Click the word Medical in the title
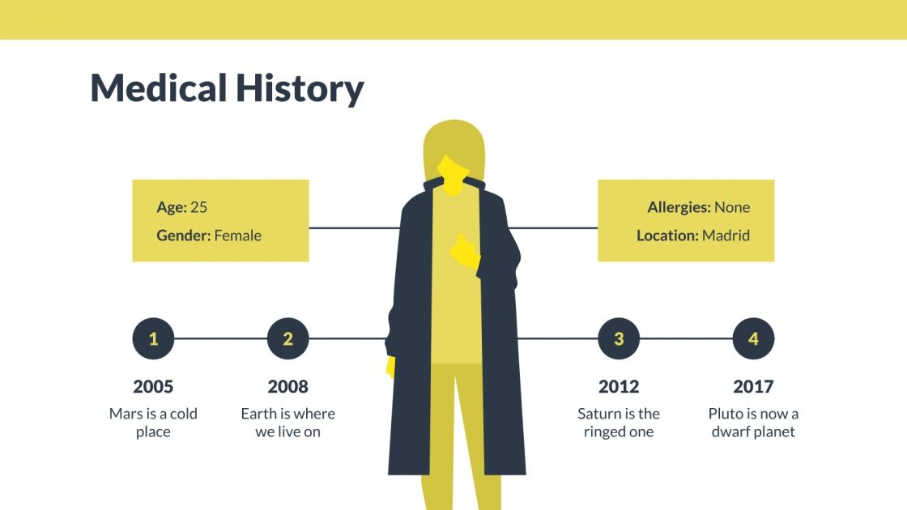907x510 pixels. (158, 87)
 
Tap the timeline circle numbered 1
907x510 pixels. (153, 338)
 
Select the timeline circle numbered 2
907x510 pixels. (287, 338)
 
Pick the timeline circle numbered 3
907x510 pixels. (619, 338)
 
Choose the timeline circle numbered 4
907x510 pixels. (753, 338)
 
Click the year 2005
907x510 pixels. (153, 387)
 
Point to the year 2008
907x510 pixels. (287, 387)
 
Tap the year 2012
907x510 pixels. (619, 387)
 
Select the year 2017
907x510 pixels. (753, 387)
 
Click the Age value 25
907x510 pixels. (198, 207)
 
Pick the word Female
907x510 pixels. (237, 236)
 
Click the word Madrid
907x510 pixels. (726, 236)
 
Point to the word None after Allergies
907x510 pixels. (732, 207)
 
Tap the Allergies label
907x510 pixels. (679, 207)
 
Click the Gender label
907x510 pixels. (183, 236)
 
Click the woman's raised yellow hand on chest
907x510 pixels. (465, 252)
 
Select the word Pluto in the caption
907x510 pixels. (726, 414)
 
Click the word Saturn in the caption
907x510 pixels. (598, 414)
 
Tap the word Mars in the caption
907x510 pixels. (126, 414)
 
